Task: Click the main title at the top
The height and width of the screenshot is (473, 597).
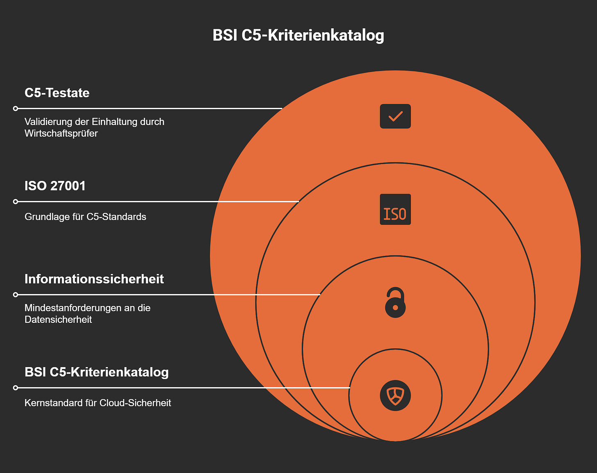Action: pos(298,35)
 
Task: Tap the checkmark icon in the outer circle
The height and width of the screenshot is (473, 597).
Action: pos(395,117)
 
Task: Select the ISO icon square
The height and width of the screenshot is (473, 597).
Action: pos(395,209)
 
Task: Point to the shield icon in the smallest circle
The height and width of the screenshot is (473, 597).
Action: pos(395,396)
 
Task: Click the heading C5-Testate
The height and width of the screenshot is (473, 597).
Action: pos(57,93)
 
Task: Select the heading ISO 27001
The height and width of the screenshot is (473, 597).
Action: pos(55,186)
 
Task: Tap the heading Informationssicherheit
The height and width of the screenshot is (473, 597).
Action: pos(94,279)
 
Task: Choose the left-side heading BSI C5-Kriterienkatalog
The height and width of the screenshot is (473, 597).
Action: pos(96,372)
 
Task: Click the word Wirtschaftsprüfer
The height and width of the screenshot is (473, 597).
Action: pos(61,133)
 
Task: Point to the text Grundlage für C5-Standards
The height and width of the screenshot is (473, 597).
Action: pos(85,217)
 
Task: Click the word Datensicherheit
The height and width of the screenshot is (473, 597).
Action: pos(58,320)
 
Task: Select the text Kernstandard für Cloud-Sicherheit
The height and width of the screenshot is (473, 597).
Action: pos(98,403)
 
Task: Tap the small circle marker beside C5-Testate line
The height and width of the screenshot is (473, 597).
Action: pos(16,109)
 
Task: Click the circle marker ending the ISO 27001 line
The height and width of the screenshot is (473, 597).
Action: pos(16,201)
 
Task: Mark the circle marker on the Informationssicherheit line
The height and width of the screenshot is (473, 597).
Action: pos(16,295)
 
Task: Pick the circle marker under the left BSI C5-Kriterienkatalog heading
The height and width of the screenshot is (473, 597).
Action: pos(16,388)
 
